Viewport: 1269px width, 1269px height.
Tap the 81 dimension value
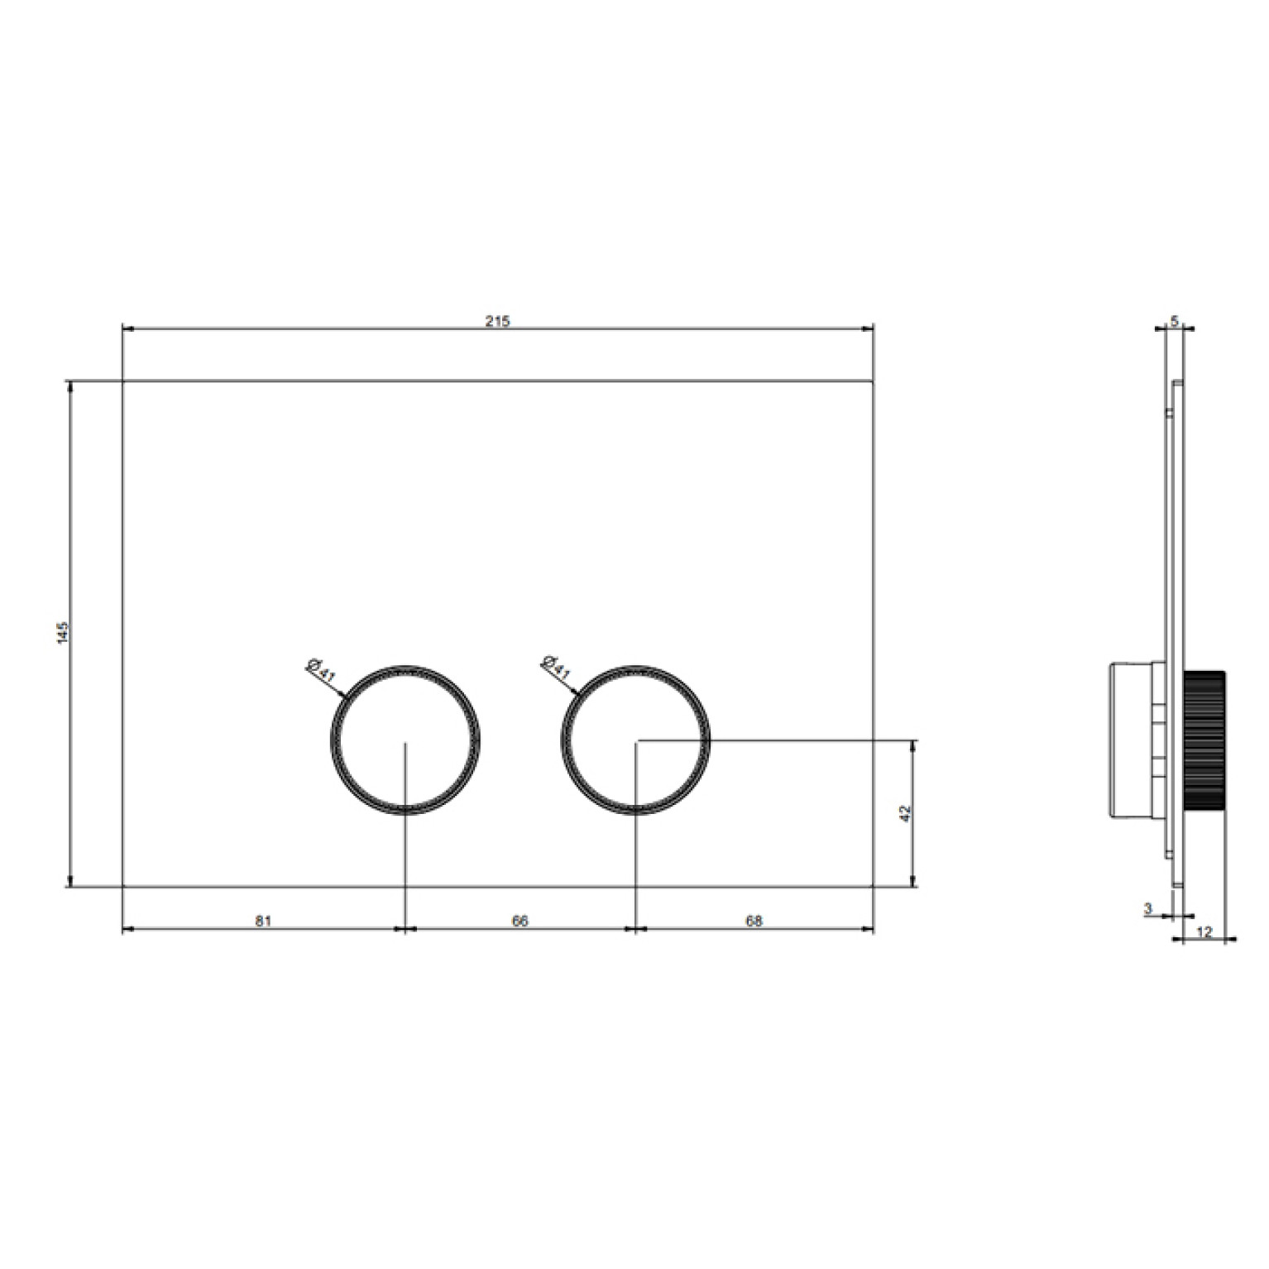pos(263,921)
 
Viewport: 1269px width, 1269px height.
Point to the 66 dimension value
pos(520,921)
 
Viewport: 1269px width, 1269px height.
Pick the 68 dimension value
pos(754,921)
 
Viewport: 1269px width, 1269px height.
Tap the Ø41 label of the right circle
pos(555,668)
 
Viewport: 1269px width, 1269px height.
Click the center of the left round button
pos(405,740)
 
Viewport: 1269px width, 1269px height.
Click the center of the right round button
pos(634,740)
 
